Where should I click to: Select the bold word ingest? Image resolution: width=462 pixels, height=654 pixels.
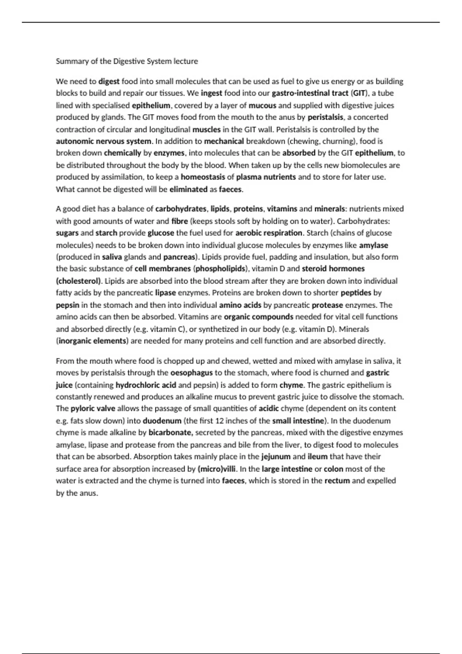[211, 93]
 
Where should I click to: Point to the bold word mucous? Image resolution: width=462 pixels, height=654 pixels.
[262, 105]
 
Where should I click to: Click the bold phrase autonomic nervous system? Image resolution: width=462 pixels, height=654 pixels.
[104, 141]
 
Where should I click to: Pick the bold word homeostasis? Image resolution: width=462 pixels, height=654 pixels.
[203, 177]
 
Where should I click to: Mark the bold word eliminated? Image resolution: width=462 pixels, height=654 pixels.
[188, 189]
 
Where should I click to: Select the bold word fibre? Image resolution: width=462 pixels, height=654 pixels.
[179, 221]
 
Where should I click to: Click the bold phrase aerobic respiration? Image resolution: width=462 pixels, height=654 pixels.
[269, 233]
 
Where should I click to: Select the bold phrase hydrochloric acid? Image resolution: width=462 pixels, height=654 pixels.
[146, 385]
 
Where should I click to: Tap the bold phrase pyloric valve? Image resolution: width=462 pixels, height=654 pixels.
[93, 409]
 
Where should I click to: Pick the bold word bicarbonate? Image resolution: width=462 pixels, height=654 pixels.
[171, 433]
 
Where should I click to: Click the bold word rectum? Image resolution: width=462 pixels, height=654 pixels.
[337, 481]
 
